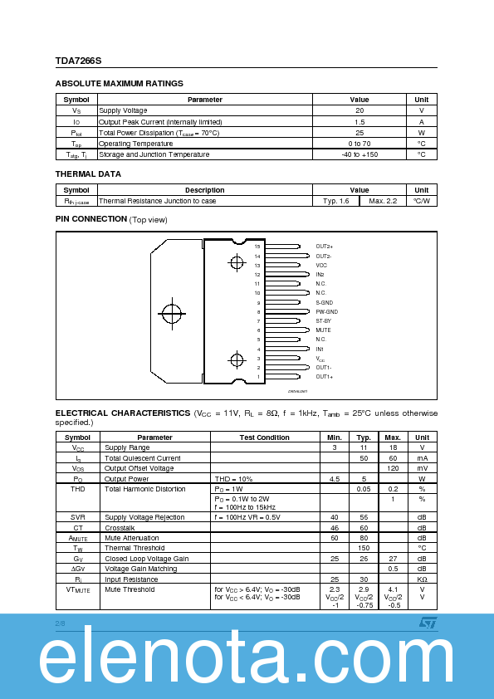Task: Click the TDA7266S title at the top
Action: (78, 60)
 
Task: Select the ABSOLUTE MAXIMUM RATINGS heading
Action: (119, 84)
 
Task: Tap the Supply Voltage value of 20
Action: (359, 110)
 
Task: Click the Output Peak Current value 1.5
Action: (359, 121)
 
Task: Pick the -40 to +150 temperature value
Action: (359, 154)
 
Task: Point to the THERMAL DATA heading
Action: (88, 174)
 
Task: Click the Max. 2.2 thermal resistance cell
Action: (383, 201)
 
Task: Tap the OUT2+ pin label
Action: (324, 247)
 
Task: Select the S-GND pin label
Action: (324, 302)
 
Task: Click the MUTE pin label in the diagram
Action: (323, 330)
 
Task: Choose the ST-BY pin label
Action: (323, 320)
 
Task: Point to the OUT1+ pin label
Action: (324, 377)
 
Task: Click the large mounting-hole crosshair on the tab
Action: (172, 314)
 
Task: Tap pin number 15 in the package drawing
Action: (257, 247)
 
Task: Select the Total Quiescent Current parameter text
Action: (143, 458)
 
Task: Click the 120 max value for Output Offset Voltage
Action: (394, 468)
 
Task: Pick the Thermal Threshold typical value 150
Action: (364, 548)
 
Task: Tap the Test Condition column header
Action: (265, 437)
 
